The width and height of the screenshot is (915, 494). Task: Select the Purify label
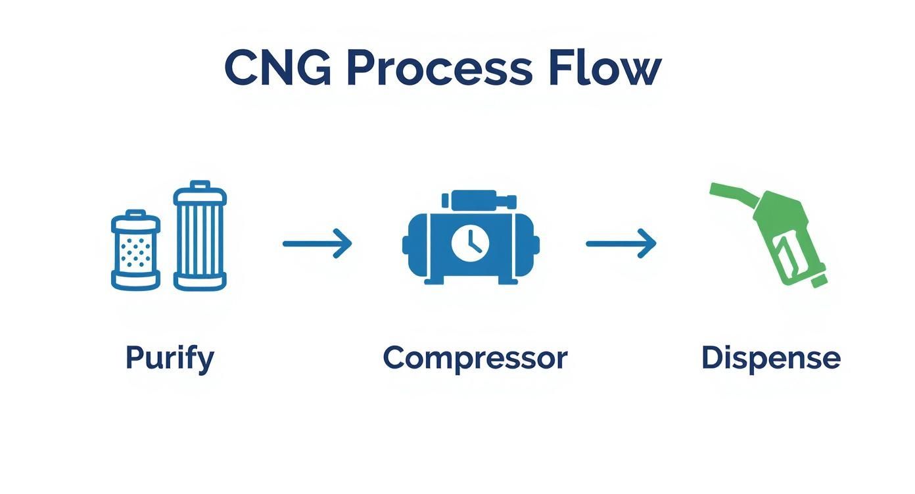point(170,359)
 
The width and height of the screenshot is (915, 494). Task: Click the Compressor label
point(475,359)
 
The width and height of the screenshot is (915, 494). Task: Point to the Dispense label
point(770,359)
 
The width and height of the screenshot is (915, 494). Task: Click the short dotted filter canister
point(135,250)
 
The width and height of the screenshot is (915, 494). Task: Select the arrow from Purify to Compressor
point(317,244)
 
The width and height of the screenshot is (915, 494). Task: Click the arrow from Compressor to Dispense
point(621,244)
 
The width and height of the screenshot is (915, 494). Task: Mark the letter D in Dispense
point(712,358)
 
